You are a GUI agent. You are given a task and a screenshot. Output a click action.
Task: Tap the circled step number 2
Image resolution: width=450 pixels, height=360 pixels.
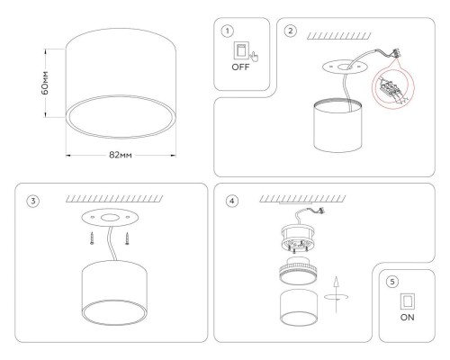click(290, 31)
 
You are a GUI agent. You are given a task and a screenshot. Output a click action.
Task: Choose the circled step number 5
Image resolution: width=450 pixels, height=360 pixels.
click(391, 281)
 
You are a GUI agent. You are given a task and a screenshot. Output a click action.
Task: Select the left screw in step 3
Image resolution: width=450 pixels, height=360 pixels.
click(93, 239)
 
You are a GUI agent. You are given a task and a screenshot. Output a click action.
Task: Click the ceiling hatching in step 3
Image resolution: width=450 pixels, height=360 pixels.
click(112, 197)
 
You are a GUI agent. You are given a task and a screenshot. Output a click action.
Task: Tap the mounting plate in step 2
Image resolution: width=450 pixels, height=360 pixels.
click(346, 67)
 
